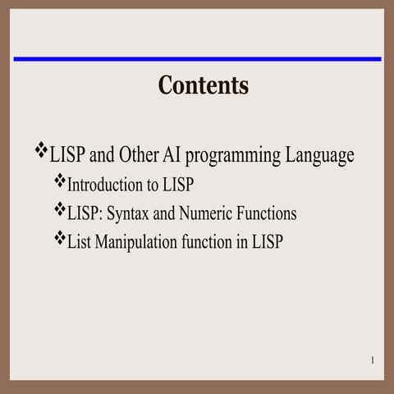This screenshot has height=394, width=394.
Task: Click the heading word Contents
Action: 203,85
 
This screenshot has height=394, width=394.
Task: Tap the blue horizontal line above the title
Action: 197,59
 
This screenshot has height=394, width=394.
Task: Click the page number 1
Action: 372,360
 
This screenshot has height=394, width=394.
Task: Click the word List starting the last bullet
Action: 81,242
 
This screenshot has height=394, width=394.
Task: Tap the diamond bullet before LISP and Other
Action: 41,150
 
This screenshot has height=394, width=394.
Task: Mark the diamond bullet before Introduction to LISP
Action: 59,181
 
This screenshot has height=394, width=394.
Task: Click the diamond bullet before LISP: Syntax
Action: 59,210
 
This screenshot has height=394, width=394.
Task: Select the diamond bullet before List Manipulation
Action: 59,239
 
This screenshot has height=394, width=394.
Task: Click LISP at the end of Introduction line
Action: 178,185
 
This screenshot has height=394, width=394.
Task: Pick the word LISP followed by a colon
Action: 85,213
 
